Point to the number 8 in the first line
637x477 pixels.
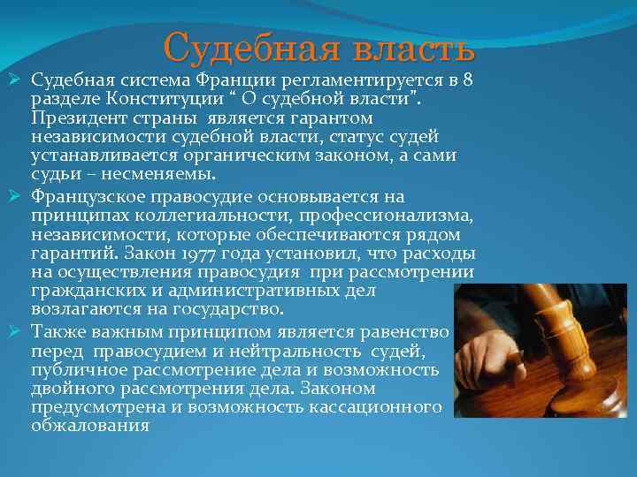click(466, 80)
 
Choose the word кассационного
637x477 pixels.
click(375, 407)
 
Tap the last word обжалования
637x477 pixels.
click(90, 426)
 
